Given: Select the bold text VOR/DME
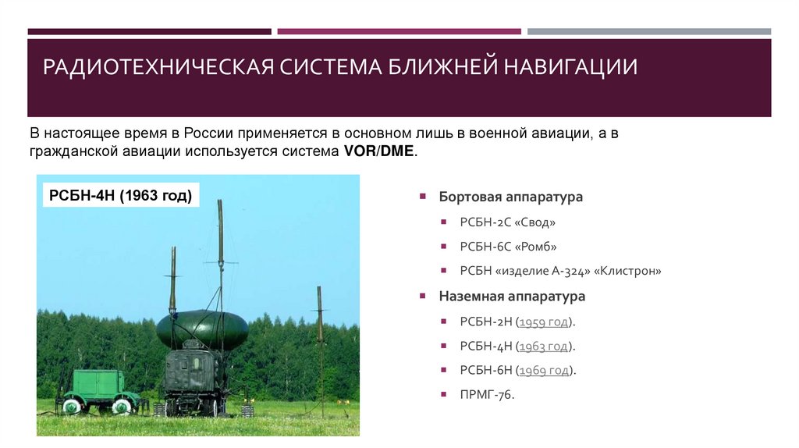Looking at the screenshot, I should pos(379,151).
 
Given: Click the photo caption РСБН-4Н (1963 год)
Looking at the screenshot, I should pos(120,195).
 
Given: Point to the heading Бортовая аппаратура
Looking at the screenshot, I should pos(510,197).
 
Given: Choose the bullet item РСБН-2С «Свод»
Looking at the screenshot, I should pos(508,222).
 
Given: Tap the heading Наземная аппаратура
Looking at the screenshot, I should pos(512,297).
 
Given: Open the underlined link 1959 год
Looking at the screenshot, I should pos(545,322).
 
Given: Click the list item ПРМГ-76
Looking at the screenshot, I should pos(488,395).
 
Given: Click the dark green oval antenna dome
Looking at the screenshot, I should pos(201,329).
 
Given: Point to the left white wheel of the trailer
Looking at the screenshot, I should pos(72,407).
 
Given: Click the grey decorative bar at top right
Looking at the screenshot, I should pos(648,32).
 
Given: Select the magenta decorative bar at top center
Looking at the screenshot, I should pos(399,32).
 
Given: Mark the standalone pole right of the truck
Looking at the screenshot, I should pos(320,343).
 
